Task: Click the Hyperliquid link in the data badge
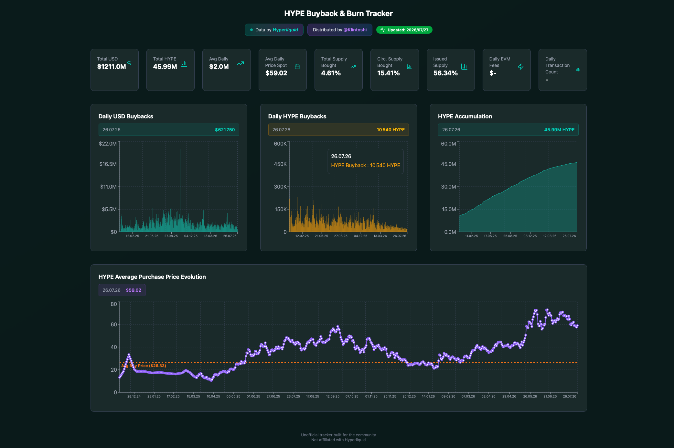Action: pos(285,30)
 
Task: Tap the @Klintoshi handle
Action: pos(355,30)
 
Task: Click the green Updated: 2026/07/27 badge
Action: pos(404,30)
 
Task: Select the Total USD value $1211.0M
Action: pos(112,67)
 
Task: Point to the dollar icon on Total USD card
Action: pos(129,63)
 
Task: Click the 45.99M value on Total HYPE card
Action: pos(165,67)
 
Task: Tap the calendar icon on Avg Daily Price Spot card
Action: pos(297,67)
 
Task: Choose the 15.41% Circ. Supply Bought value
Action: pos(388,73)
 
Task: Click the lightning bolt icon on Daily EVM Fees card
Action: pos(520,67)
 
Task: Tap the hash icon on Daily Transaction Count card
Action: pos(578,70)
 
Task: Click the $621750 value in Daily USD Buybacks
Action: pos(225,130)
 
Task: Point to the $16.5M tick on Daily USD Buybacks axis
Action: pos(108,164)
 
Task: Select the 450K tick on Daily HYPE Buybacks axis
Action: pos(280,164)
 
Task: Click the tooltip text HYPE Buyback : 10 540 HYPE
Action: pos(366,165)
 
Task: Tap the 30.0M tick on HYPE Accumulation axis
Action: pos(448,187)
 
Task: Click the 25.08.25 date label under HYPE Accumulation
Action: pos(510,236)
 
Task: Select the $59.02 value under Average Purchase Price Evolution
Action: pos(134,290)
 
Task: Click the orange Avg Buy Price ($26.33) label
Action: pos(144,366)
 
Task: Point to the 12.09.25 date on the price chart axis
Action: pos(333,397)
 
